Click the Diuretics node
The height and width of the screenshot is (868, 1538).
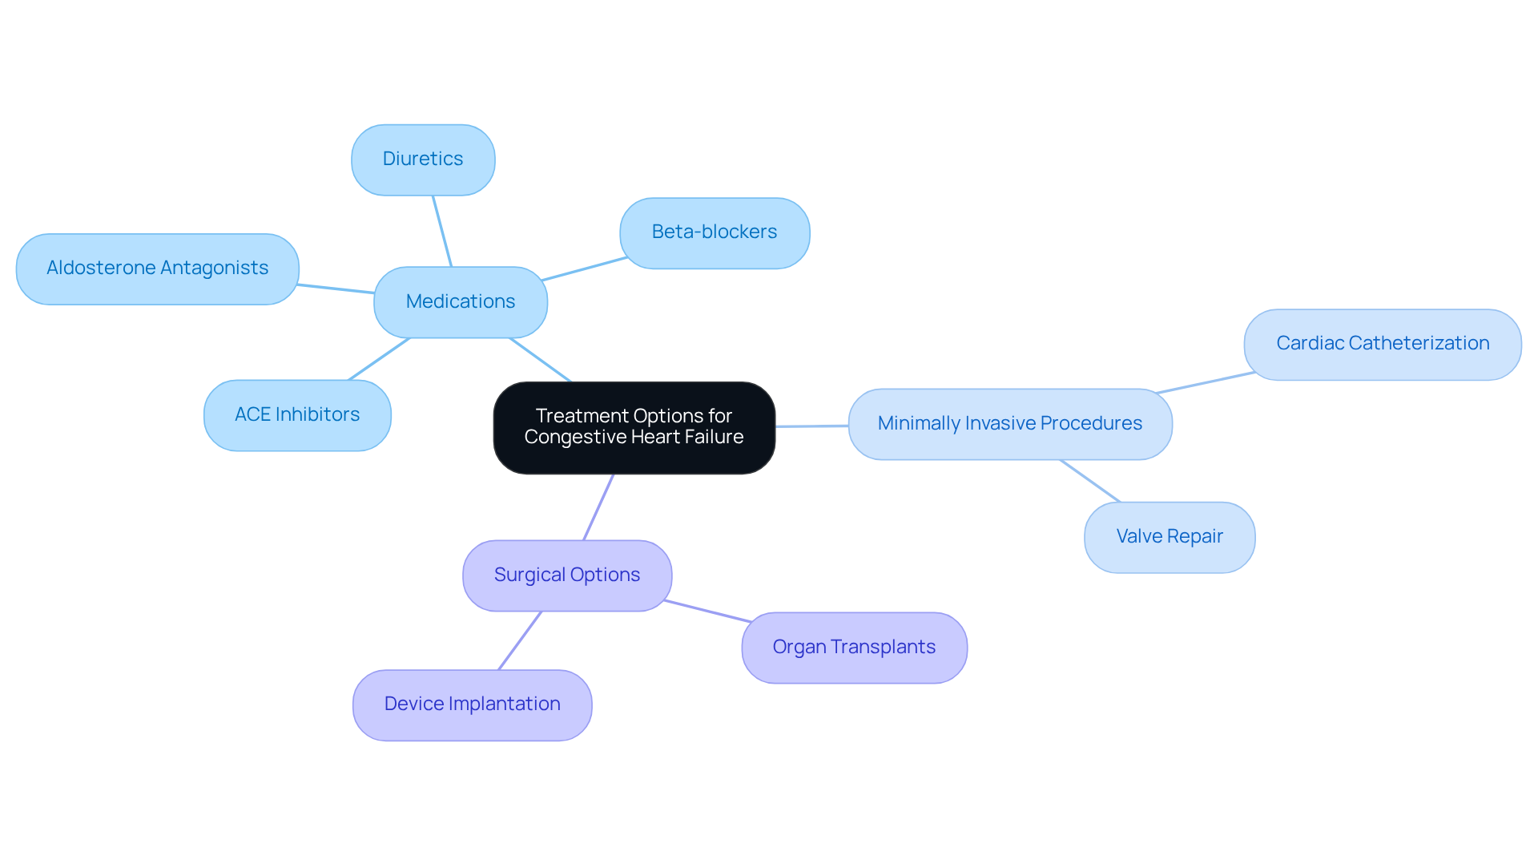tap(423, 159)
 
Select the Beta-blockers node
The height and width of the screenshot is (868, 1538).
tap(715, 232)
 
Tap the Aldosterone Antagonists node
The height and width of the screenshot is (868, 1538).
tap(157, 268)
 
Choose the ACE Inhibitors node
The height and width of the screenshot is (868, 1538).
tap(297, 415)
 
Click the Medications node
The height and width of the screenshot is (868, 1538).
tap(461, 302)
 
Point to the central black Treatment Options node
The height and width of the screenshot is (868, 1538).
tap(634, 426)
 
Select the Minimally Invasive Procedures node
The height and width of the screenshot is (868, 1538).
tap(1009, 424)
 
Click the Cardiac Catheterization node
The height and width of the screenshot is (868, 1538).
tap(1382, 344)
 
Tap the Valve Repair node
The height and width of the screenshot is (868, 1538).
tap(1169, 537)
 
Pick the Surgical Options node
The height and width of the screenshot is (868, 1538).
tap(566, 575)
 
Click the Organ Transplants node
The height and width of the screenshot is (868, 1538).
tap(854, 648)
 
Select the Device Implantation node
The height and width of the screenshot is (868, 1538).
tap(472, 704)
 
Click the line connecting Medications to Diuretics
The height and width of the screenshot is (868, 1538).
tap(442, 231)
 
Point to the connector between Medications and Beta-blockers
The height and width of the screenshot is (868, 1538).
tap(584, 268)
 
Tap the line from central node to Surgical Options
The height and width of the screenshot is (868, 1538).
tap(598, 507)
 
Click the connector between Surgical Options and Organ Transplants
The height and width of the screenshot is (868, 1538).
tap(707, 611)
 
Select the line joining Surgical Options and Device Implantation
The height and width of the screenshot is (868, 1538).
tap(520, 640)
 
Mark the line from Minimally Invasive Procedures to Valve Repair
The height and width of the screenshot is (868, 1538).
tap(1089, 481)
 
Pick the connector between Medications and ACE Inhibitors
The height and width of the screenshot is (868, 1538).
tap(379, 359)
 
